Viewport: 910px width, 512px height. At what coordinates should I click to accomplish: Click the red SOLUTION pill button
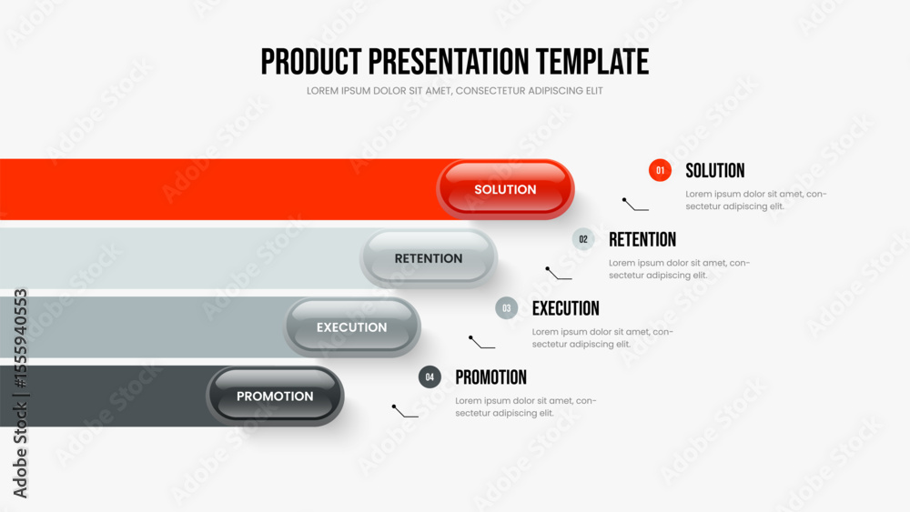point(505,189)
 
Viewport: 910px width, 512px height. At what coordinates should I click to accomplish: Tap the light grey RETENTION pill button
point(429,258)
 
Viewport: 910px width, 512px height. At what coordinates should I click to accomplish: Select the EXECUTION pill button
point(351,327)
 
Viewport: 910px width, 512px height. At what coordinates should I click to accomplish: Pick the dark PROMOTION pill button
point(275,396)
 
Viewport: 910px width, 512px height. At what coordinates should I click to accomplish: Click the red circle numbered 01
point(660,170)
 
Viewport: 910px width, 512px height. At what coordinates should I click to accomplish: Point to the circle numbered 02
point(583,239)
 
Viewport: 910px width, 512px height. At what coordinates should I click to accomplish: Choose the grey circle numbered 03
point(507,308)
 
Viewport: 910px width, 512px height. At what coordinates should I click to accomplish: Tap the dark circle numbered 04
point(430,376)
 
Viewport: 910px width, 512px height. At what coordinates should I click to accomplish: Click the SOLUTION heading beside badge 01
point(715,170)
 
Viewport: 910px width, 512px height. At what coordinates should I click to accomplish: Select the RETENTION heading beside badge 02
point(642,239)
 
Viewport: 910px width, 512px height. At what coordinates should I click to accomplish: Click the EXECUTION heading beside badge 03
point(566,308)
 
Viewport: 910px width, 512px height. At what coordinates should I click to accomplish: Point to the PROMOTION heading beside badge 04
point(491,377)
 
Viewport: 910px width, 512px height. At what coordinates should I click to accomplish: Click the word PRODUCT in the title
point(311,62)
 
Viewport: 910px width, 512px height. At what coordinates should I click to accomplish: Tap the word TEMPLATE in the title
point(592,62)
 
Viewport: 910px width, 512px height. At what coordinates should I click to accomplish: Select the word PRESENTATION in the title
point(449,62)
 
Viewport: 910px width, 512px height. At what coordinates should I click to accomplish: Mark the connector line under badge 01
point(635,204)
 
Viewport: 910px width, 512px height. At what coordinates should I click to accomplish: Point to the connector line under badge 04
point(405,411)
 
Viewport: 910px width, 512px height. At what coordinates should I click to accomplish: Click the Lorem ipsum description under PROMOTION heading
point(526,407)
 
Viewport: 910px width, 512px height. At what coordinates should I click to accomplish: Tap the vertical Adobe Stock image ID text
point(20,393)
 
